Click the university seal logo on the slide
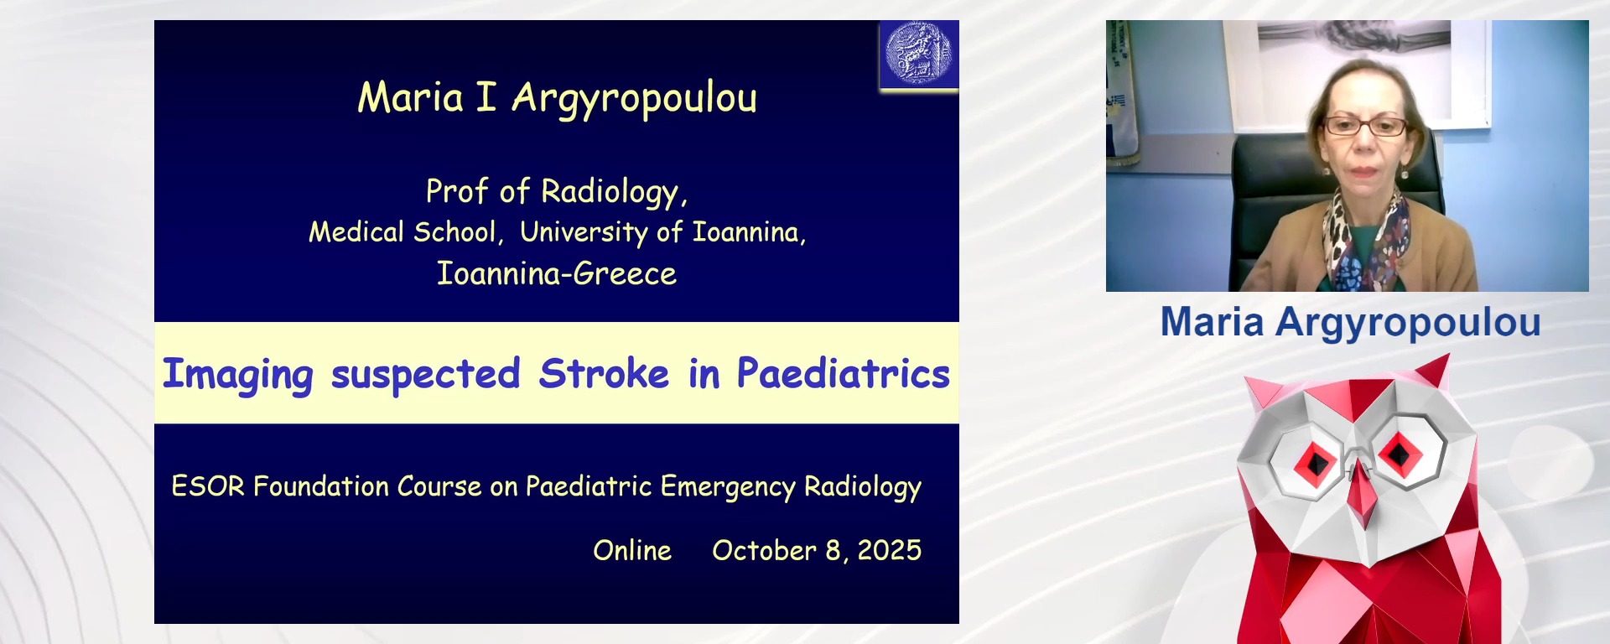[919, 55]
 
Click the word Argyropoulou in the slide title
[634, 99]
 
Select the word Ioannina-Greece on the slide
[556, 274]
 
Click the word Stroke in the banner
[604, 374]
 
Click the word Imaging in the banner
[237, 376]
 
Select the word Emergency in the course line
[727, 487]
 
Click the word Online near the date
[632, 551]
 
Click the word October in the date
[764, 551]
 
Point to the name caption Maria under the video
[1212, 323]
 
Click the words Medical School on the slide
[403, 232]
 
